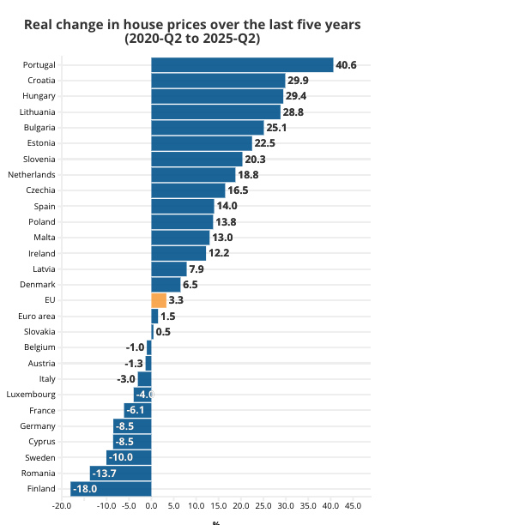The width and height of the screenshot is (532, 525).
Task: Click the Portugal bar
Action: (242, 65)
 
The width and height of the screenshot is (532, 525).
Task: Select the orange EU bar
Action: (159, 300)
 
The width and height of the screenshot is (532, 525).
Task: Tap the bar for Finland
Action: (111, 489)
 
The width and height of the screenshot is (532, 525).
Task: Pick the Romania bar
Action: (120, 474)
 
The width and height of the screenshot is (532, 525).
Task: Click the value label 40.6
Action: (347, 65)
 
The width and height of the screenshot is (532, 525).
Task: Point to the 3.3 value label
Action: (176, 300)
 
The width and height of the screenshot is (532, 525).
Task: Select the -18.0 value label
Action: (85, 489)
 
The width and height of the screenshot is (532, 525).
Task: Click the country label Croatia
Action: (41, 81)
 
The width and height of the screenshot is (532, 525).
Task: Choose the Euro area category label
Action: (37, 316)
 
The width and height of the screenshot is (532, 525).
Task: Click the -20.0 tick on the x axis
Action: (61, 506)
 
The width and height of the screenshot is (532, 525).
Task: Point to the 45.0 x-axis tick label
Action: (353, 506)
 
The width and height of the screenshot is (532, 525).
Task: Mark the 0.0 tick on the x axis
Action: (151, 506)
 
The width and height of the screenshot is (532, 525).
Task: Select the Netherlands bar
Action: (193, 175)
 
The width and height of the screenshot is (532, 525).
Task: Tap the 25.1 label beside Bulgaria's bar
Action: (276, 128)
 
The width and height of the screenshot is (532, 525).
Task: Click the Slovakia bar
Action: (153, 332)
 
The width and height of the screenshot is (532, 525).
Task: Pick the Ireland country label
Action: (43, 253)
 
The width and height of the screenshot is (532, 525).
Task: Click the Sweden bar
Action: (129, 457)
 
